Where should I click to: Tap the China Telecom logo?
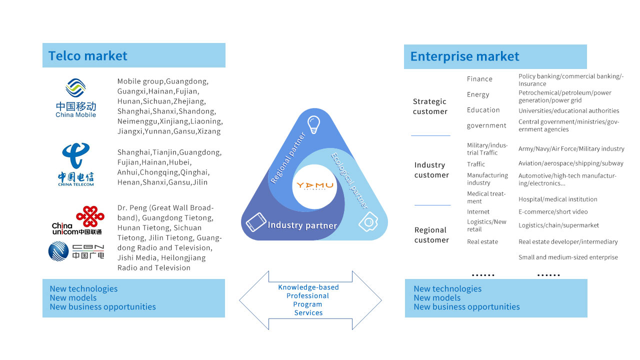click(x=76, y=164)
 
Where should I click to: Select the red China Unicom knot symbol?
click(x=90, y=216)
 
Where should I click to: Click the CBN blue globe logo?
click(x=58, y=251)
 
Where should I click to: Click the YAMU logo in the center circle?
click(x=315, y=186)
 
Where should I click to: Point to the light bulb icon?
click(x=313, y=124)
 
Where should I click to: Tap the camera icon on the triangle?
click(x=368, y=221)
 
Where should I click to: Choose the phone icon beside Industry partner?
click(x=256, y=222)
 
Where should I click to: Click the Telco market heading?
click(x=87, y=55)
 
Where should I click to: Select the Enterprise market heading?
click(x=464, y=56)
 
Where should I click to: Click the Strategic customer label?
click(x=430, y=106)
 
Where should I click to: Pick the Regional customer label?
click(x=431, y=235)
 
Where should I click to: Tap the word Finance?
click(x=479, y=79)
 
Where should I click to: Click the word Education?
click(x=483, y=110)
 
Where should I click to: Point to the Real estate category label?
click(x=482, y=241)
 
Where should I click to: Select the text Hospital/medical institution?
click(x=557, y=199)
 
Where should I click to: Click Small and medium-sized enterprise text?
click(x=568, y=257)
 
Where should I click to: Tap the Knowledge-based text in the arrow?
click(x=308, y=287)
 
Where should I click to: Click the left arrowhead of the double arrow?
click(x=254, y=300)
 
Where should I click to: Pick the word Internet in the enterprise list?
click(x=478, y=211)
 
